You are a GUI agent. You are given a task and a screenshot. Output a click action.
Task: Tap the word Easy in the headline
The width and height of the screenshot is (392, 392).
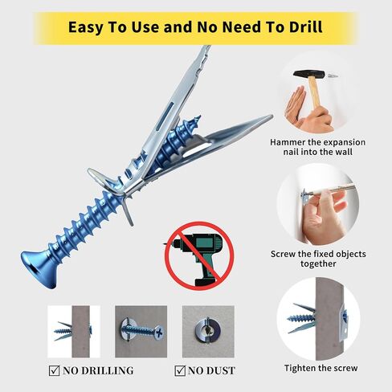85,28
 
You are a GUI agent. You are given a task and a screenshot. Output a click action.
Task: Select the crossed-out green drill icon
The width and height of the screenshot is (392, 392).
199,255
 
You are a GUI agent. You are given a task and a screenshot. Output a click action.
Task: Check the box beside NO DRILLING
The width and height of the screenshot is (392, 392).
55,370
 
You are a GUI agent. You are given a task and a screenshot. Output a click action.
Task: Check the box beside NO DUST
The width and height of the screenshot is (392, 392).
180,370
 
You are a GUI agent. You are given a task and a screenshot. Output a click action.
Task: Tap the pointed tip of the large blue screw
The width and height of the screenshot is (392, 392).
198,117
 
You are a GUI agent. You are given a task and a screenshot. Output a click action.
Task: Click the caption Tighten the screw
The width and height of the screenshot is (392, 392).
321,368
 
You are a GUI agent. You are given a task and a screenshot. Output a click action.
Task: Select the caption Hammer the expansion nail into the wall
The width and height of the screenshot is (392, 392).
318,147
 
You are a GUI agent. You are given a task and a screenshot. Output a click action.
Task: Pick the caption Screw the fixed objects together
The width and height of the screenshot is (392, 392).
318,259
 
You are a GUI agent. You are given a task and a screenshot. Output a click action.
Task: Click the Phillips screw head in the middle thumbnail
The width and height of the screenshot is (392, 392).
158,333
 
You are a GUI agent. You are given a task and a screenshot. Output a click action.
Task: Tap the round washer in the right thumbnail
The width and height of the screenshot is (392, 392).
208,331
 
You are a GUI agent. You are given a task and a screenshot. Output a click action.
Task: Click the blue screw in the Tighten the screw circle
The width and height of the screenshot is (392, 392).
301,318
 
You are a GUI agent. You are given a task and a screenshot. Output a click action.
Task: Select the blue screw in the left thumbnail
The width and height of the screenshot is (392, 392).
63,331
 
